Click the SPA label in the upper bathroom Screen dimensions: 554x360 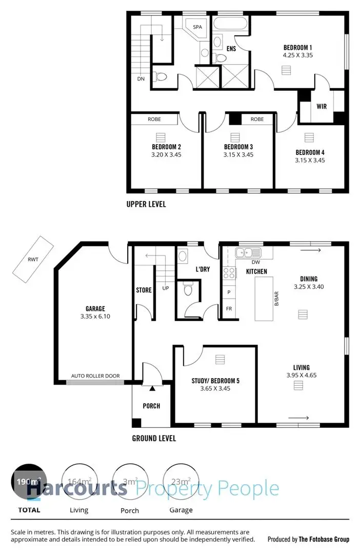pos(197,27)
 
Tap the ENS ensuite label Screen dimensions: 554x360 pos(231,49)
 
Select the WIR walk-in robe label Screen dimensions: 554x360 pos(322,107)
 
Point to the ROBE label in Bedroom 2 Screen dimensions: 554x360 pos(154,119)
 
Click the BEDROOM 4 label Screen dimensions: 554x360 pos(310,152)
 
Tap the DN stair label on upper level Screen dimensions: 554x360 pos(141,79)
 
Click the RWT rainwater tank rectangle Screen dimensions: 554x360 pos(33,260)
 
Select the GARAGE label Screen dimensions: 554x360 pos(95,309)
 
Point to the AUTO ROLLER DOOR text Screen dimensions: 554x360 pos(95,376)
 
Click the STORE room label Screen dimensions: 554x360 pos(144,290)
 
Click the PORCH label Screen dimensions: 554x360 pos(151,406)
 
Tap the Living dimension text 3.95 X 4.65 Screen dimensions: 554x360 pos(302,376)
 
